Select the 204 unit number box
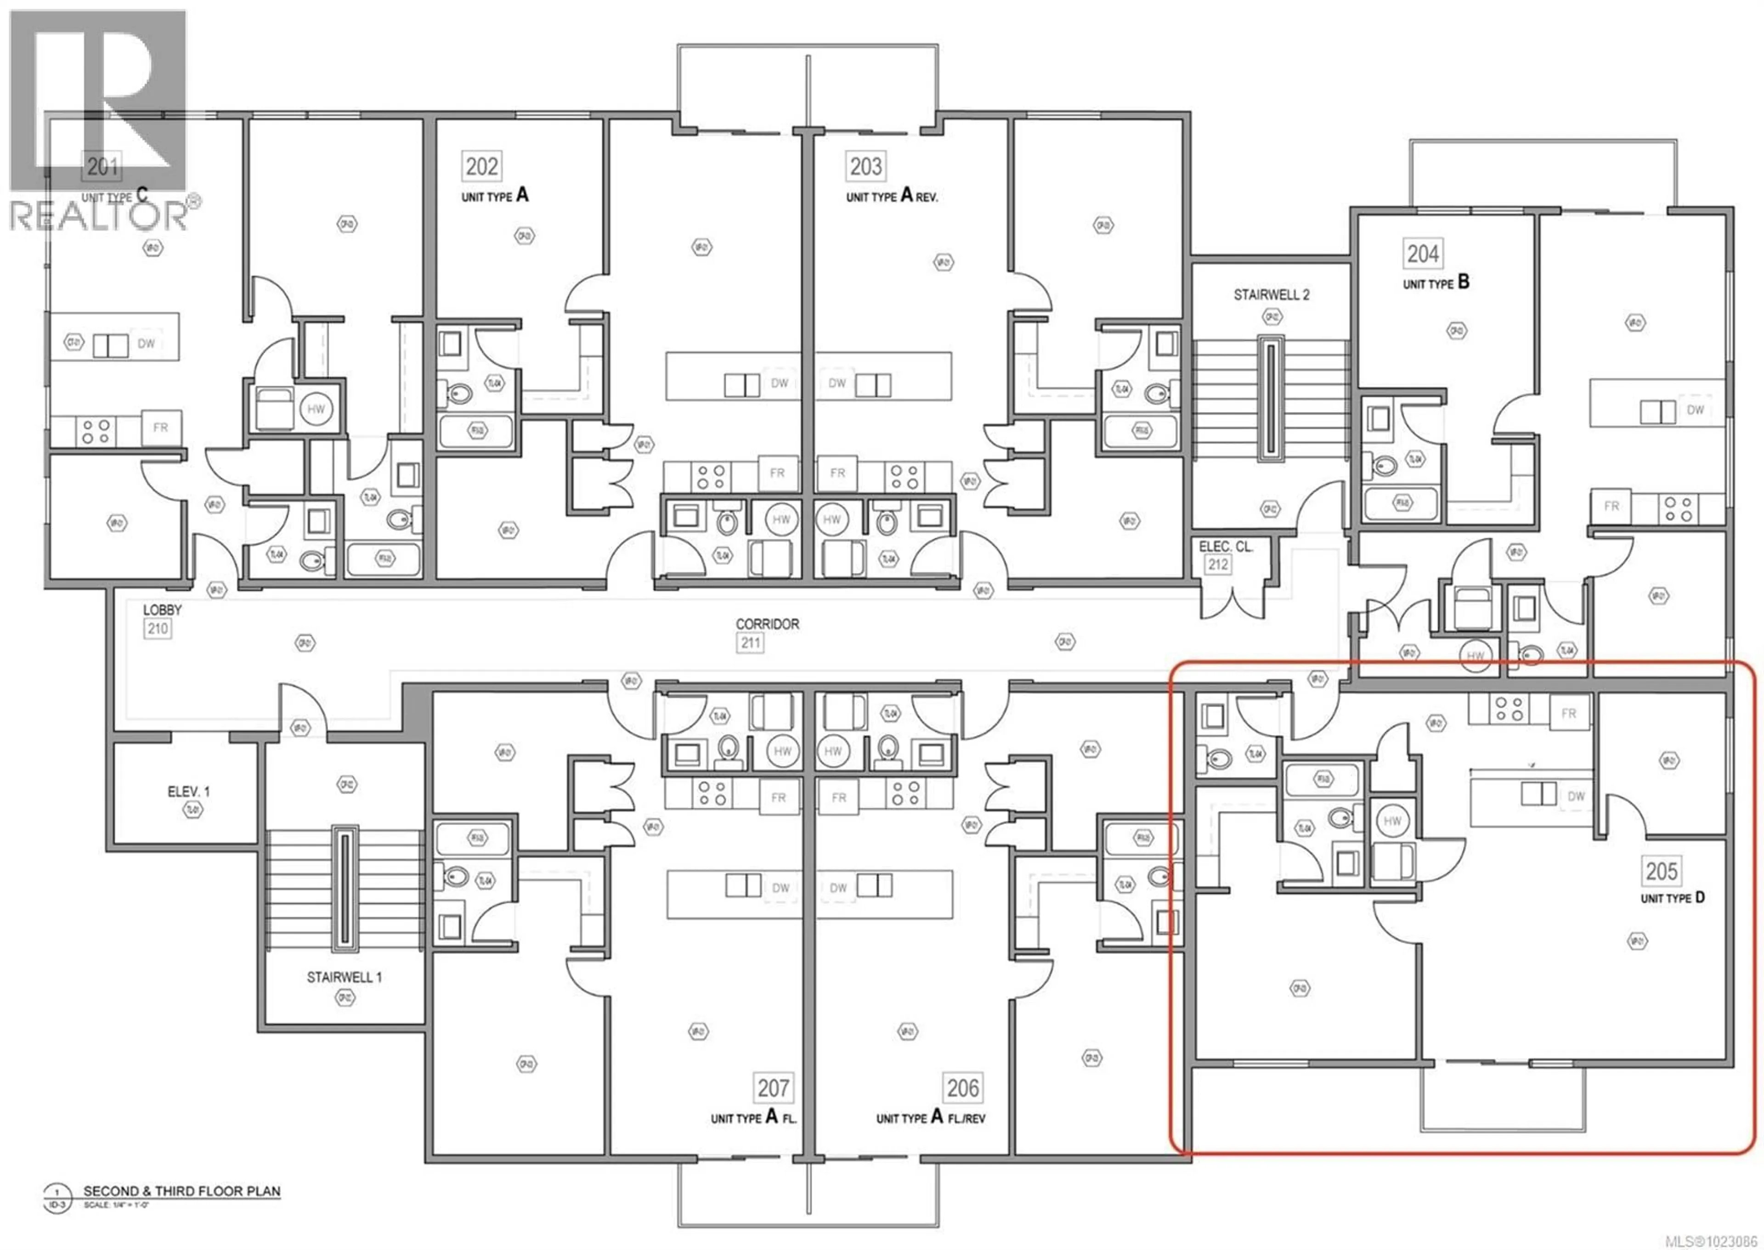tap(1422, 253)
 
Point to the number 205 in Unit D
tap(1661, 871)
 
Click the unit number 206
tap(962, 1087)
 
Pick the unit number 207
tap(773, 1087)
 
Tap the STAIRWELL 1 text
tap(344, 977)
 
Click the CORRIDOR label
tap(767, 624)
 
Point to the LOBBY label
tap(163, 609)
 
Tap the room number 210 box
tap(158, 628)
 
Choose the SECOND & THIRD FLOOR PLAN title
tap(182, 1191)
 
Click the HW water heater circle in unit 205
tap(1392, 821)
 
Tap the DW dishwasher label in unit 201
tap(146, 344)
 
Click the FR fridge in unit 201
tap(160, 427)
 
